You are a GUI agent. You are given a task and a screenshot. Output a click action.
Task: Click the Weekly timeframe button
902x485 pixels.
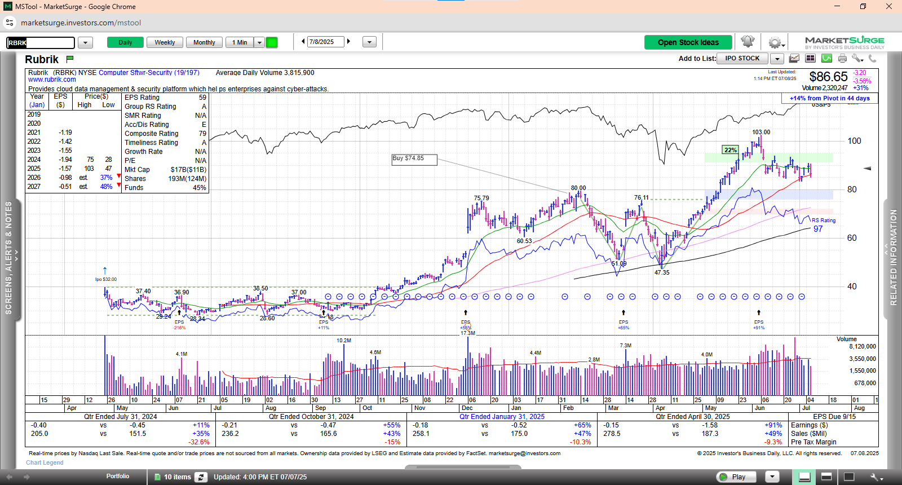pos(165,42)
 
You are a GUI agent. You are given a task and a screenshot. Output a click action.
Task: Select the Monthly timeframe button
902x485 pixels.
pos(204,42)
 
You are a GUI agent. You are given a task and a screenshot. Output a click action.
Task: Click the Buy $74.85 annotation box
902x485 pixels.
pos(414,159)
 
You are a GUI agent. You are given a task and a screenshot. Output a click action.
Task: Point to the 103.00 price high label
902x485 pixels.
pos(761,132)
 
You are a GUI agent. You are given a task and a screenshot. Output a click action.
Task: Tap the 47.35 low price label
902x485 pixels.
pos(662,272)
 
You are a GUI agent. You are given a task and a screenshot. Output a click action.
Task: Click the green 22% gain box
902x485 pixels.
pos(731,150)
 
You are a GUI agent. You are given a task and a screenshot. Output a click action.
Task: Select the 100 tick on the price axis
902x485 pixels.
pos(854,141)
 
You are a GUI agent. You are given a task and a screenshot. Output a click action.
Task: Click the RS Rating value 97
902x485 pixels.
pos(818,229)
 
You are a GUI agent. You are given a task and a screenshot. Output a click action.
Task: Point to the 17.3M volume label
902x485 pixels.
pos(468,333)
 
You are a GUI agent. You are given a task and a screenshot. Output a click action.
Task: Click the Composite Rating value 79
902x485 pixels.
pos(202,134)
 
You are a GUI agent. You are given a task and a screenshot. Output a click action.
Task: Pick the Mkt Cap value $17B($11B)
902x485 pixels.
pos(188,170)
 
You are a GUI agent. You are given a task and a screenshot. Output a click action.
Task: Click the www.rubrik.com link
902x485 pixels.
pos(52,80)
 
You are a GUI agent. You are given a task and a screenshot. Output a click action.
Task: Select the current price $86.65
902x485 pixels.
pos(828,77)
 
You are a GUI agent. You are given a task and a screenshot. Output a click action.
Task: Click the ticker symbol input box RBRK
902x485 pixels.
pos(41,43)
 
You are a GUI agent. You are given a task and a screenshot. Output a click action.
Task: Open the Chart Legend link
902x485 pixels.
pos(45,462)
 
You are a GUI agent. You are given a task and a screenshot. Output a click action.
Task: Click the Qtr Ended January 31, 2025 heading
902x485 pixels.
pos(502,417)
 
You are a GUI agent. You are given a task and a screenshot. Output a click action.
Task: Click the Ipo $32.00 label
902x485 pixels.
pos(106,279)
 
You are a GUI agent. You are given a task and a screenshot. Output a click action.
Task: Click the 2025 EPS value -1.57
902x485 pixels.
pos(65,169)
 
